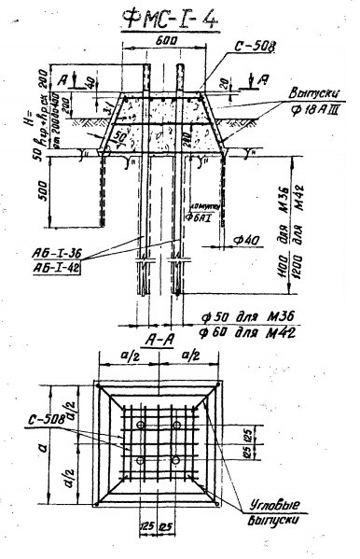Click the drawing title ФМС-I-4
click(174, 19)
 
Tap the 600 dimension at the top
click(169, 42)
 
